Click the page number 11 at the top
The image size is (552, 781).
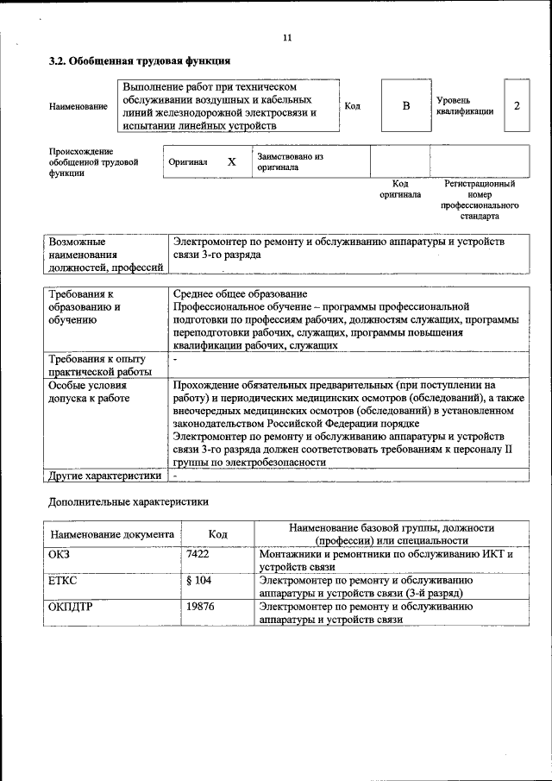click(x=287, y=37)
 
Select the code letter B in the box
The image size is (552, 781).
click(x=405, y=105)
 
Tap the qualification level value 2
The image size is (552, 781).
click(x=516, y=105)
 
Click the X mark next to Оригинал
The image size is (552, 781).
click(x=231, y=161)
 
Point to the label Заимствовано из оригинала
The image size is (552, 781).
click(x=289, y=161)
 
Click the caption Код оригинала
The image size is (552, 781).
click(x=400, y=189)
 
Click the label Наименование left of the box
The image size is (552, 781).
click(x=78, y=106)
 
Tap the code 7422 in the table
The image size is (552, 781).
click(x=198, y=554)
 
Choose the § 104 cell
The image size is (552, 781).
click(x=198, y=581)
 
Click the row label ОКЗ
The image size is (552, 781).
click(x=60, y=554)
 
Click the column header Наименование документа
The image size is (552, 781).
click(x=112, y=534)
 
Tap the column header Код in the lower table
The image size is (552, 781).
click(x=218, y=534)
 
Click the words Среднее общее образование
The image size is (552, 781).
click(x=240, y=294)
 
